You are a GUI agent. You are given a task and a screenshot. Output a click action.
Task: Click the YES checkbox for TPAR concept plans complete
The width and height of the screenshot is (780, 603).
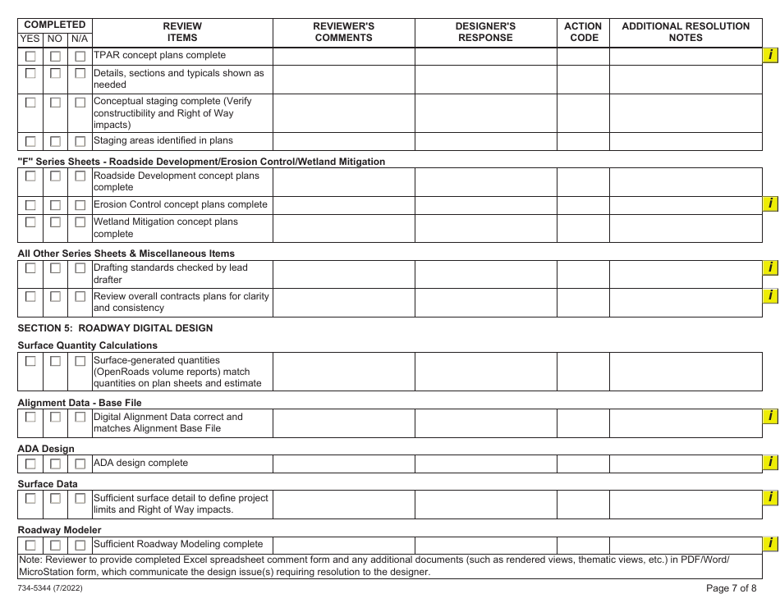pos(30,57)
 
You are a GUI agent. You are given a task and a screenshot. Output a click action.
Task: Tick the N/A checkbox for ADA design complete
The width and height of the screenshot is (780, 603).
pos(80,464)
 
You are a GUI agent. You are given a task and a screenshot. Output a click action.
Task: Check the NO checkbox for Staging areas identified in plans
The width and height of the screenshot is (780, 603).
pos(55,142)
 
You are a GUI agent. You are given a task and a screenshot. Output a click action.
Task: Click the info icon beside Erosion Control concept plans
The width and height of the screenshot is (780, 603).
pos(770,203)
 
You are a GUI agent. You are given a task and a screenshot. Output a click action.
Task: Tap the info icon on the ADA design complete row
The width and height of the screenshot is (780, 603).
pos(770,463)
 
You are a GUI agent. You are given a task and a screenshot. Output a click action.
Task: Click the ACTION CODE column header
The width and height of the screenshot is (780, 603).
pos(583,32)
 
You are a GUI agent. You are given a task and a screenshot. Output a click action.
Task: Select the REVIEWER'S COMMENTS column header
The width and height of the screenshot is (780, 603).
pos(343,32)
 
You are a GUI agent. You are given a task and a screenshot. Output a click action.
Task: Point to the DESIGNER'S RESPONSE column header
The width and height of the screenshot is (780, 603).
pos(485,32)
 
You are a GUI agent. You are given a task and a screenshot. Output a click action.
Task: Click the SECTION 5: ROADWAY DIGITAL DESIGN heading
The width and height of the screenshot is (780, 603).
pos(115,328)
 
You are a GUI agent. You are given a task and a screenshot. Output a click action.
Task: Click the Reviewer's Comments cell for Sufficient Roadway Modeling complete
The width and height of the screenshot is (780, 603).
pos(343,545)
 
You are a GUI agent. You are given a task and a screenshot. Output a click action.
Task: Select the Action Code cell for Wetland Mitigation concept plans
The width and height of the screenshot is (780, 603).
pos(583,227)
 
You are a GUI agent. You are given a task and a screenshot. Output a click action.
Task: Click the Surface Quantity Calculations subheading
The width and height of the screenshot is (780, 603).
pos(88,345)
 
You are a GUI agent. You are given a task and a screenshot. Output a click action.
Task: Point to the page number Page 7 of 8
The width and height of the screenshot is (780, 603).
pos(731,588)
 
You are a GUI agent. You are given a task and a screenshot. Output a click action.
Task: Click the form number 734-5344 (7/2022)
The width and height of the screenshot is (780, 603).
pos(49,589)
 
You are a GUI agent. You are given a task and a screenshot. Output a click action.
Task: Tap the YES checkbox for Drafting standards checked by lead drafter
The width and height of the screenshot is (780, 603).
pos(30,268)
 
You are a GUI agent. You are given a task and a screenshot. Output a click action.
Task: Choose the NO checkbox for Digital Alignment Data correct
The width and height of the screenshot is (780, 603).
pos(55,418)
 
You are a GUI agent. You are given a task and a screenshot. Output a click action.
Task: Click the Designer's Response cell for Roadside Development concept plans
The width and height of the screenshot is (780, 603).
pos(485,181)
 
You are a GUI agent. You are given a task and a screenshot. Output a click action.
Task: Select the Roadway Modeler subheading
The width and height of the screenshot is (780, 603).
pos(60,530)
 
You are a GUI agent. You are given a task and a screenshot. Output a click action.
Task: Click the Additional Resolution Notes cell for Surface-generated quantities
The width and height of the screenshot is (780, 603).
pos(686,372)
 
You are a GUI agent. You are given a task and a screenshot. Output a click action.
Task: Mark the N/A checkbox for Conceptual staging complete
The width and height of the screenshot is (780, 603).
pos(80,103)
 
